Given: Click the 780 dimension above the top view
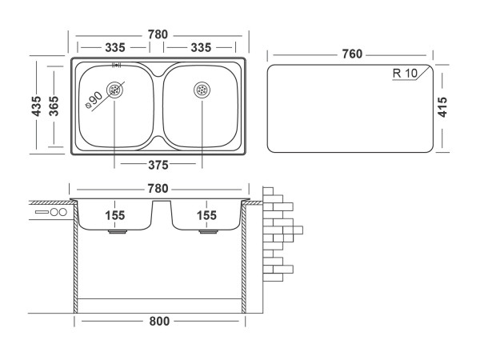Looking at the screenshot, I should [158, 34].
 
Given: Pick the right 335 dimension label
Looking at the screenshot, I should [201, 48].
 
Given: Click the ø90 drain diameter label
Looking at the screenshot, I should [94, 99].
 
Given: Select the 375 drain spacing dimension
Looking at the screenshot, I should [158, 166].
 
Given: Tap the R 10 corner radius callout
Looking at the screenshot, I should [406, 74].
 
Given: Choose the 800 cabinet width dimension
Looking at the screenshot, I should [159, 322].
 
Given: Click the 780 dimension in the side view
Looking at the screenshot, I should [158, 189].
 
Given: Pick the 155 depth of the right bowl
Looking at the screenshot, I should [206, 214].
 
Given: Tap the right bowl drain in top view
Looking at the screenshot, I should [202, 90].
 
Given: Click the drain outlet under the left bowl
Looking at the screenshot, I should [117, 233].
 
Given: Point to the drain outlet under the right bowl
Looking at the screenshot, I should [206, 233].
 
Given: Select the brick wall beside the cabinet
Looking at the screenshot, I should [279, 232].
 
